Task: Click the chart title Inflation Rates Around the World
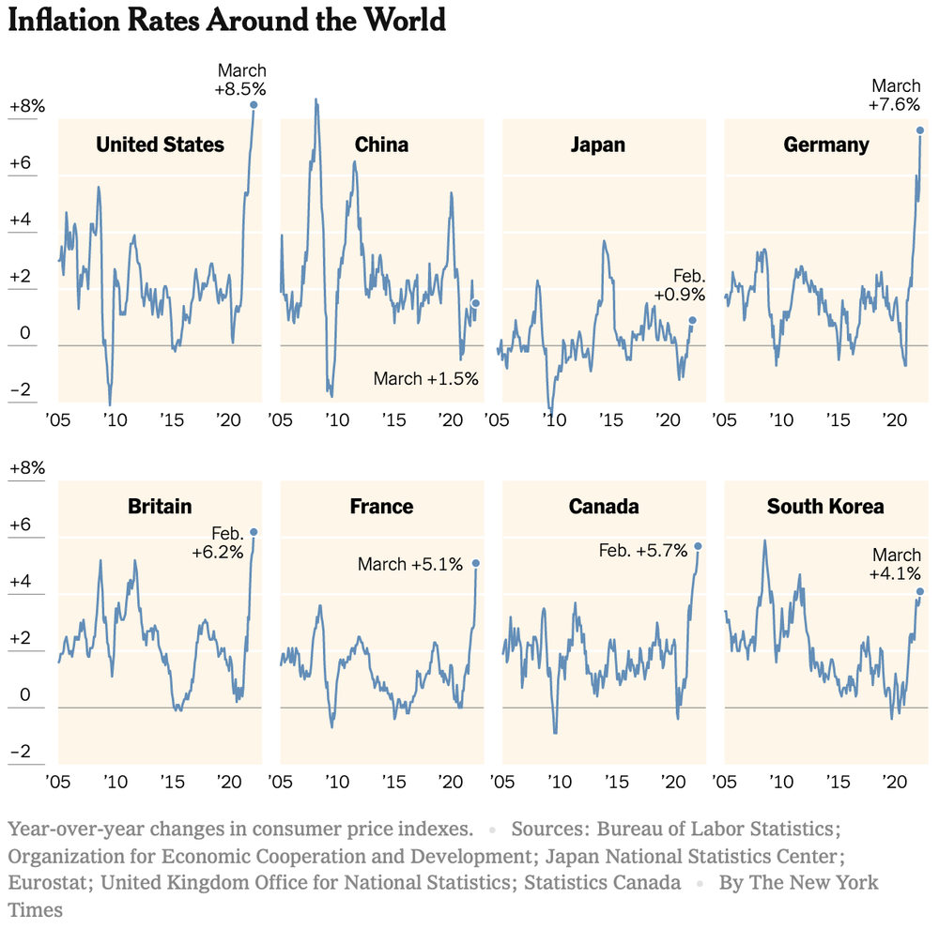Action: pos(226,20)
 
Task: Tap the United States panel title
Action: pos(161,145)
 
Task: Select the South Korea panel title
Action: pos(825,507)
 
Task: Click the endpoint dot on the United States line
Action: pos(254,104)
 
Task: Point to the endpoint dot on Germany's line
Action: pos(920,129)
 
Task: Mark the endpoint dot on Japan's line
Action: pos(692,320)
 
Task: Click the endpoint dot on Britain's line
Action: pos(253,532)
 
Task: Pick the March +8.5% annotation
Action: pos(241,80)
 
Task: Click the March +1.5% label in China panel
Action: pos(426,379)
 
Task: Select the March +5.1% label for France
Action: pos(410,565)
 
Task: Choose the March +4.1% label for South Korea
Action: pos(896,564)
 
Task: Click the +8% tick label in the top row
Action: pos(26,107)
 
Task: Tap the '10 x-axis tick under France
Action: pos(335,782)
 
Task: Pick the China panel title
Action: pos(381,145)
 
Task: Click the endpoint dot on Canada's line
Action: pos(698,546)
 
